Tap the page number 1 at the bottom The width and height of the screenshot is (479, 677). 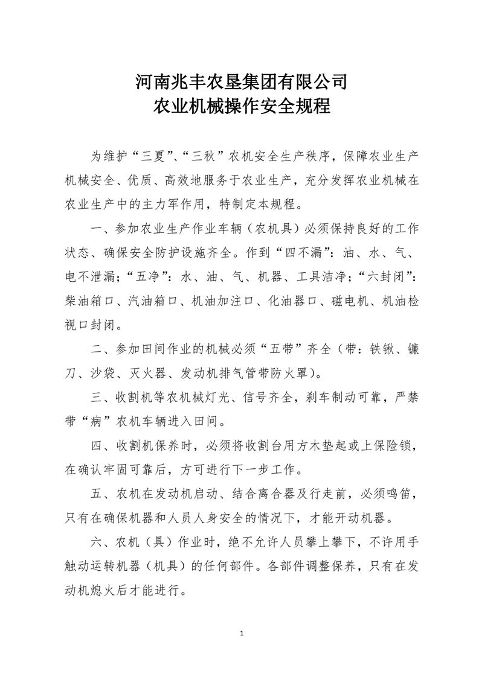tap(241, 634)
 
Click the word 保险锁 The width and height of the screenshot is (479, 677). tap(396, 447)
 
